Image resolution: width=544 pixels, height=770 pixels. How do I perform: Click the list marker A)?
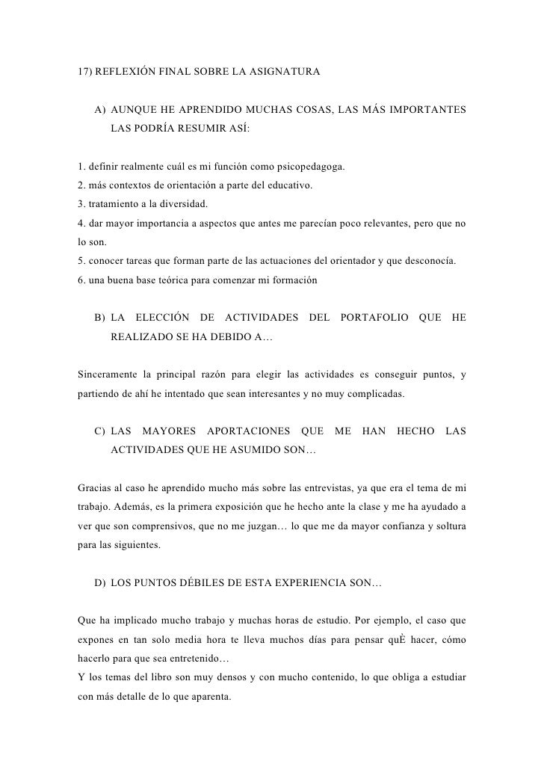(x=100, y=112)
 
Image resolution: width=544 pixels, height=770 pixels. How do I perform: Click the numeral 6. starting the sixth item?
(x=82, y=281)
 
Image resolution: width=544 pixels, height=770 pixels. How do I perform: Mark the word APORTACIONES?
(x=248, y=432)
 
